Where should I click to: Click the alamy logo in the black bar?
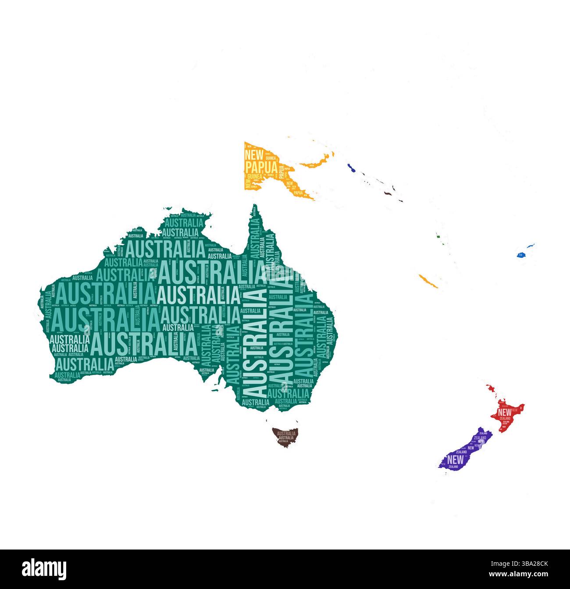(44, 569)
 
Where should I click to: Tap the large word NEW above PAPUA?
(254, 154)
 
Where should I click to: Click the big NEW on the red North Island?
(505, 412)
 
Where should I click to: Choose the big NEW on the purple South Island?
(455, 460)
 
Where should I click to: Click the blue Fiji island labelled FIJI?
(521, 255)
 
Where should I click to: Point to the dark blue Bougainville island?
(351, 168)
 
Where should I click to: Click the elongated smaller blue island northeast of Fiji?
(531, 245)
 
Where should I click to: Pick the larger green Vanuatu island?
(438, 237)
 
